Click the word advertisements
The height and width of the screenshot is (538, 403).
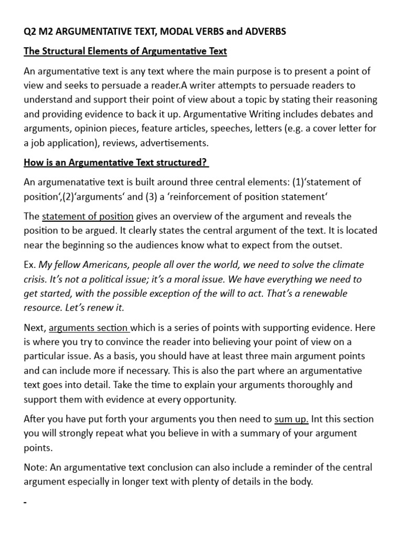(178, 143)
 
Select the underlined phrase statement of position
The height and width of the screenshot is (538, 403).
(88, 216)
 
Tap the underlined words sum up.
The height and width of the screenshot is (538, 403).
(292, 419)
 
